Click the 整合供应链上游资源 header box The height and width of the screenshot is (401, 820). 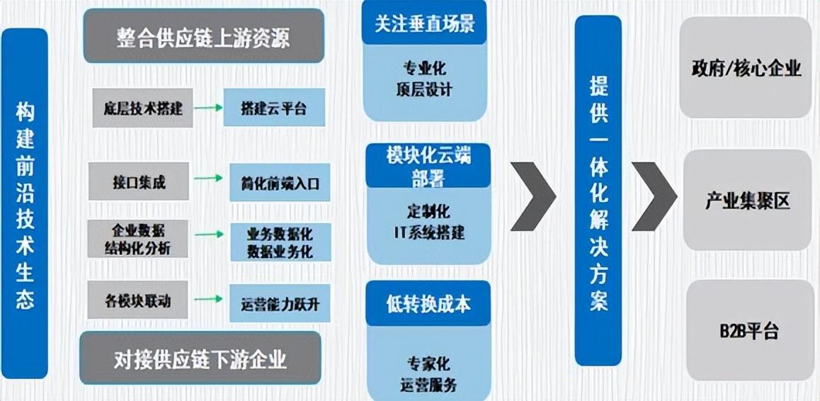203,36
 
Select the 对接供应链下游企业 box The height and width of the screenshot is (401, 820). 200,358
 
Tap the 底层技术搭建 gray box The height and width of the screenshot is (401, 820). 142,108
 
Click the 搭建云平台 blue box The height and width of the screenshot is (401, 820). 273,108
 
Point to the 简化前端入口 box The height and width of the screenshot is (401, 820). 280,183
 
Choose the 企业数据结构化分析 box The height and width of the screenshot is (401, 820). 139,239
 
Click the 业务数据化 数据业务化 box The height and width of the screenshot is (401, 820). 280,242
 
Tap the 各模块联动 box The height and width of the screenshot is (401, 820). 139,300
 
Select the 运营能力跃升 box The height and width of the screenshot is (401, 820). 280,303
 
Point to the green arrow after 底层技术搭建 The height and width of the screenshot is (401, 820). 208,108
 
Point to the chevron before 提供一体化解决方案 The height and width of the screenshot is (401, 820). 533,196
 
